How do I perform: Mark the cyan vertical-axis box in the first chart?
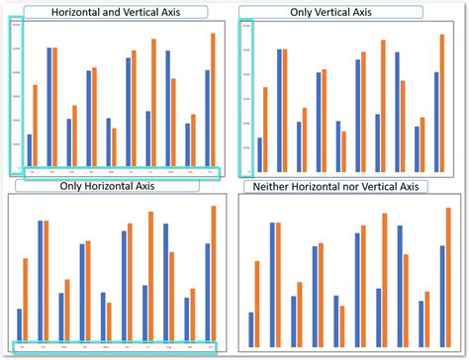tap(17, 96)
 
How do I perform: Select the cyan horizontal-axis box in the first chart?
tap(117, 172)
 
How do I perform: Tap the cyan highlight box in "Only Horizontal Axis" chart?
tap(117, 346)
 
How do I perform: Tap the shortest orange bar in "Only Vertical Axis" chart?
tap(343, 147)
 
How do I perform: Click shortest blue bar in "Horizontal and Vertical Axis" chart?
tap(30, 149)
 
